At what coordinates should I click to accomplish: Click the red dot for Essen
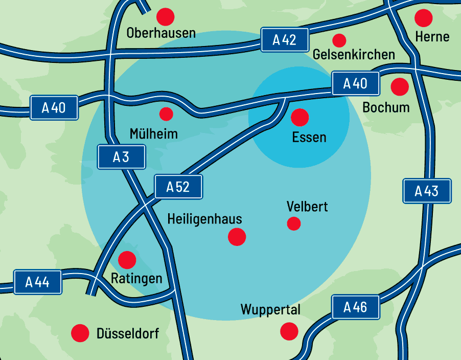point(300,118)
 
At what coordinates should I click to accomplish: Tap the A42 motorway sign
point(285,40)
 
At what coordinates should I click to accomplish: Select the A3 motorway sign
point(121,157)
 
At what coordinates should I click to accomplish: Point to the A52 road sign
point(178,187)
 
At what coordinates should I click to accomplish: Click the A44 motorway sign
point(38,282)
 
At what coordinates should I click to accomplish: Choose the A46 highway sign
point(356,307)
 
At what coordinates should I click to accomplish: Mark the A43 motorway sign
point(427,191)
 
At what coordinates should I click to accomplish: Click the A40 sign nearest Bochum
point(356,83)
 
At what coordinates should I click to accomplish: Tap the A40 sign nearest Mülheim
point(54,107)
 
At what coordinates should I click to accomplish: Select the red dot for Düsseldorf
point(80,333)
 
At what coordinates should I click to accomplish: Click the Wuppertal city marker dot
point(289,331)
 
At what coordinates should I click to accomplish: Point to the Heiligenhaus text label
point(205,219)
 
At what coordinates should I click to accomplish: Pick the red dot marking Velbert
point(294,223)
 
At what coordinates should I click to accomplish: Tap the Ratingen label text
point(136,279)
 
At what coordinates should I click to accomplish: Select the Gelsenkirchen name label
point(354,54)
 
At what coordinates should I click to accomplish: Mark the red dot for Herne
point(423,18)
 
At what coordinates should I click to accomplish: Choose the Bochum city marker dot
point(400,86)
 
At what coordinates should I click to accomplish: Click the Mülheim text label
point(154,134)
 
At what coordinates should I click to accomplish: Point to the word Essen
point(309,137)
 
